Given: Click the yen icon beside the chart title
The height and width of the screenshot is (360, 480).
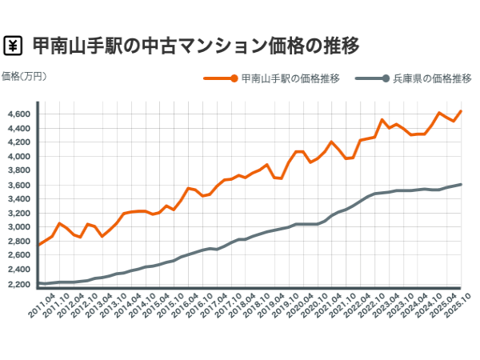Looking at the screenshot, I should (14, 45).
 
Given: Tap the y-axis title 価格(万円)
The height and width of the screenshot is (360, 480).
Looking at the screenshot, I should (25, 77).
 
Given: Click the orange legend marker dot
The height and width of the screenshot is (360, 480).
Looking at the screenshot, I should (234, 78).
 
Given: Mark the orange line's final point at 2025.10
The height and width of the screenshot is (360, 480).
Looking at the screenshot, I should (461, 111).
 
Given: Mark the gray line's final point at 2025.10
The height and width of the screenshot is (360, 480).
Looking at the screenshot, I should (461, 184).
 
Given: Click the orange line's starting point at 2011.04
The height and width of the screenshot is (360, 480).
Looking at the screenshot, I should (38, 245).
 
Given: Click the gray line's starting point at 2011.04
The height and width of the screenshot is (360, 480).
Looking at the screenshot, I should (38, 283).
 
